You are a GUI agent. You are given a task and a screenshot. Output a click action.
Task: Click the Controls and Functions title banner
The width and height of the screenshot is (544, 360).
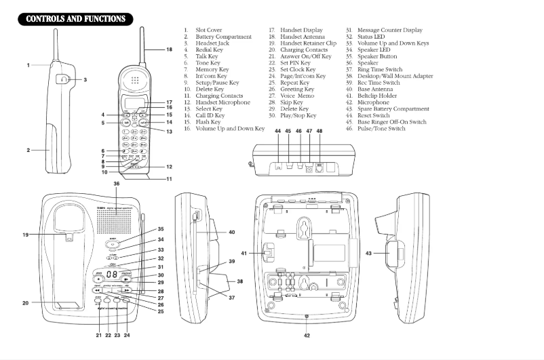click(x=75, y=19)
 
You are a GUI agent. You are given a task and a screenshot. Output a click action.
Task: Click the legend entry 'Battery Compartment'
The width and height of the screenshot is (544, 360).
click(x=223, y=37)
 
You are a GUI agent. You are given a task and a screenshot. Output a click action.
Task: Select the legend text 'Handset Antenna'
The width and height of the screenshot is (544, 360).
click(x=303, y=37)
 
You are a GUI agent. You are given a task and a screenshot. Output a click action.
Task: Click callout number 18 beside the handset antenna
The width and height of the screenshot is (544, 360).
click(x=169, y=50)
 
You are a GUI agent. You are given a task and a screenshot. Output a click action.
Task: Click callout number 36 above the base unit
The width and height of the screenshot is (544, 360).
click(x=116, y=184)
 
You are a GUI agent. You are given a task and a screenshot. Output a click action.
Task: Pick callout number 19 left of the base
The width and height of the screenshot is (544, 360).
click(x=26, y=235)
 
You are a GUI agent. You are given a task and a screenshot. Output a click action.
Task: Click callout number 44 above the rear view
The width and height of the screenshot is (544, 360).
click(x=277, y=130)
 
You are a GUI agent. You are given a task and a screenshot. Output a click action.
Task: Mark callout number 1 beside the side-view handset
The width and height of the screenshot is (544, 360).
click(x=28, y=65)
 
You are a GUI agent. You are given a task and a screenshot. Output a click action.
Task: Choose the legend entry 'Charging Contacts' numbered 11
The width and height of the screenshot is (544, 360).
click(x=218, y=96)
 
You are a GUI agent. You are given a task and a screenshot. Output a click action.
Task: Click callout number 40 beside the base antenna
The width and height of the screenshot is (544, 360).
click(x=231, y=233)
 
